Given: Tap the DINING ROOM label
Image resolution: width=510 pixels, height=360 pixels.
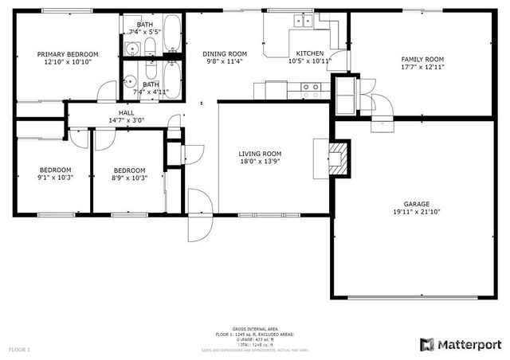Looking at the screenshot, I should (224, 53).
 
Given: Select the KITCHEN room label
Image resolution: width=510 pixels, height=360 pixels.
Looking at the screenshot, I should (308, 53).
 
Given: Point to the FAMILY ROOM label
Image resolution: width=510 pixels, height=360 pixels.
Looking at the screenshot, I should (422, 59).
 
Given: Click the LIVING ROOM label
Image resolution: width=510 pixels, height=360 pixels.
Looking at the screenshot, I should (260, 154).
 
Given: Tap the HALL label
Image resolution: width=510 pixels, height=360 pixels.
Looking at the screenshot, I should (127, 113).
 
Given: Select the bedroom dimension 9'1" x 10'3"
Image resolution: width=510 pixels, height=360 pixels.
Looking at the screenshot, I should (56, 178).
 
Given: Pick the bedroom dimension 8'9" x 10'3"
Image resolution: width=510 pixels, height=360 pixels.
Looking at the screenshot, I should (128, 178).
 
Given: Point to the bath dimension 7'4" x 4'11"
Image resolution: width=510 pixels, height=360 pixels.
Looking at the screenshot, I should (151, 92).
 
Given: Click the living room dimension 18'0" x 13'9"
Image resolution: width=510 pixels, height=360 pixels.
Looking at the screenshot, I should (260, 162).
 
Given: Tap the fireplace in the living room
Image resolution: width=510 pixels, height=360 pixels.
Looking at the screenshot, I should (338, 156).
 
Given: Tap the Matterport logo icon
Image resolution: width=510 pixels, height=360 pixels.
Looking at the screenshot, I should (426, 344).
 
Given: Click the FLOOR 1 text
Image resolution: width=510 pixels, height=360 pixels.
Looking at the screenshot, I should (19, 349).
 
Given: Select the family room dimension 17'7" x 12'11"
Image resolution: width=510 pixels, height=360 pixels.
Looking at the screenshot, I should (422, 67).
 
